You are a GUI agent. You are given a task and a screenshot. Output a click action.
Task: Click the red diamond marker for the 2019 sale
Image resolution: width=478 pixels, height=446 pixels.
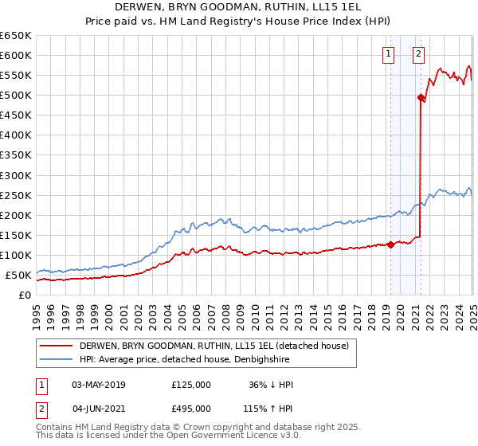(390, 245)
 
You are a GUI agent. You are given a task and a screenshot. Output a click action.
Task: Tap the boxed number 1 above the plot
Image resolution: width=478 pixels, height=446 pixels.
(388, 54)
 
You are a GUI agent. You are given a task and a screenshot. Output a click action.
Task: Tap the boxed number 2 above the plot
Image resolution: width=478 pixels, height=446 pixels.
(418, 54)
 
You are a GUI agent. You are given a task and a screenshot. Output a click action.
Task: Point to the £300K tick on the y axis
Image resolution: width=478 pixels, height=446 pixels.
(16, 175)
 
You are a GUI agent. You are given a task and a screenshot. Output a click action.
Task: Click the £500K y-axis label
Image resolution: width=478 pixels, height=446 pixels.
(16, 95)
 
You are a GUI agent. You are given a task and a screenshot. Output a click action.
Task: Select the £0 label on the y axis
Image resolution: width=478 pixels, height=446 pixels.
(25, 295)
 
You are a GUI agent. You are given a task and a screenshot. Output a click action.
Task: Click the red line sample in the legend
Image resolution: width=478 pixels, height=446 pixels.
(57, 346)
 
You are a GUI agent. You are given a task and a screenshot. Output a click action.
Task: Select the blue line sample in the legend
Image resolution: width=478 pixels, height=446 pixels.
(57, 360)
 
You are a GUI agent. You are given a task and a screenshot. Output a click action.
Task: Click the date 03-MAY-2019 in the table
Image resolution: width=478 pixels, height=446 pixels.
(99, 384)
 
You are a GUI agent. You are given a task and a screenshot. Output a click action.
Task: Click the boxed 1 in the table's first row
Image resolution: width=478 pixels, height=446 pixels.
(40, 384)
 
